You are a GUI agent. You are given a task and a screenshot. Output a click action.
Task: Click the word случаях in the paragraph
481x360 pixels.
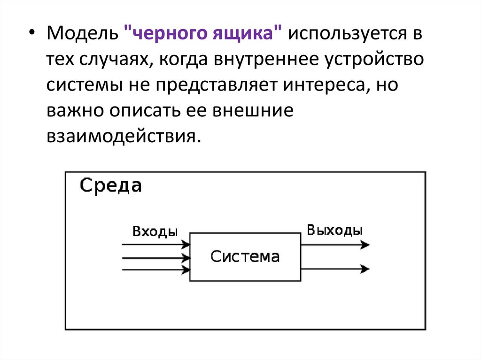coord(115,61)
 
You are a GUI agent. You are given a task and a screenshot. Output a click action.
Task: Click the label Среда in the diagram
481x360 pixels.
coord(110,186)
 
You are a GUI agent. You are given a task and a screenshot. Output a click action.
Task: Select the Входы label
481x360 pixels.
coord(155,231)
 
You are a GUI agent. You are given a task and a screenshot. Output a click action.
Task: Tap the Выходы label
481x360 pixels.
coord(334,230)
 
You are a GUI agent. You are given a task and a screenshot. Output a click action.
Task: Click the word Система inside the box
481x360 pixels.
coord(245,256)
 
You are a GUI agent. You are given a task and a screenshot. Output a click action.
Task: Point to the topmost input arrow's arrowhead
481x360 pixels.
coord(187,244)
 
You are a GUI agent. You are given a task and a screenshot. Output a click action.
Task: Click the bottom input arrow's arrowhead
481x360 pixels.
coord(187,269)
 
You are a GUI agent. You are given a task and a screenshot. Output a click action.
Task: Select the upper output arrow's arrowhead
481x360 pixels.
coord(366,245)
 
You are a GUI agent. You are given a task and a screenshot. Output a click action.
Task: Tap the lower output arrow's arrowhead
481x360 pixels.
coord(366,268)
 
